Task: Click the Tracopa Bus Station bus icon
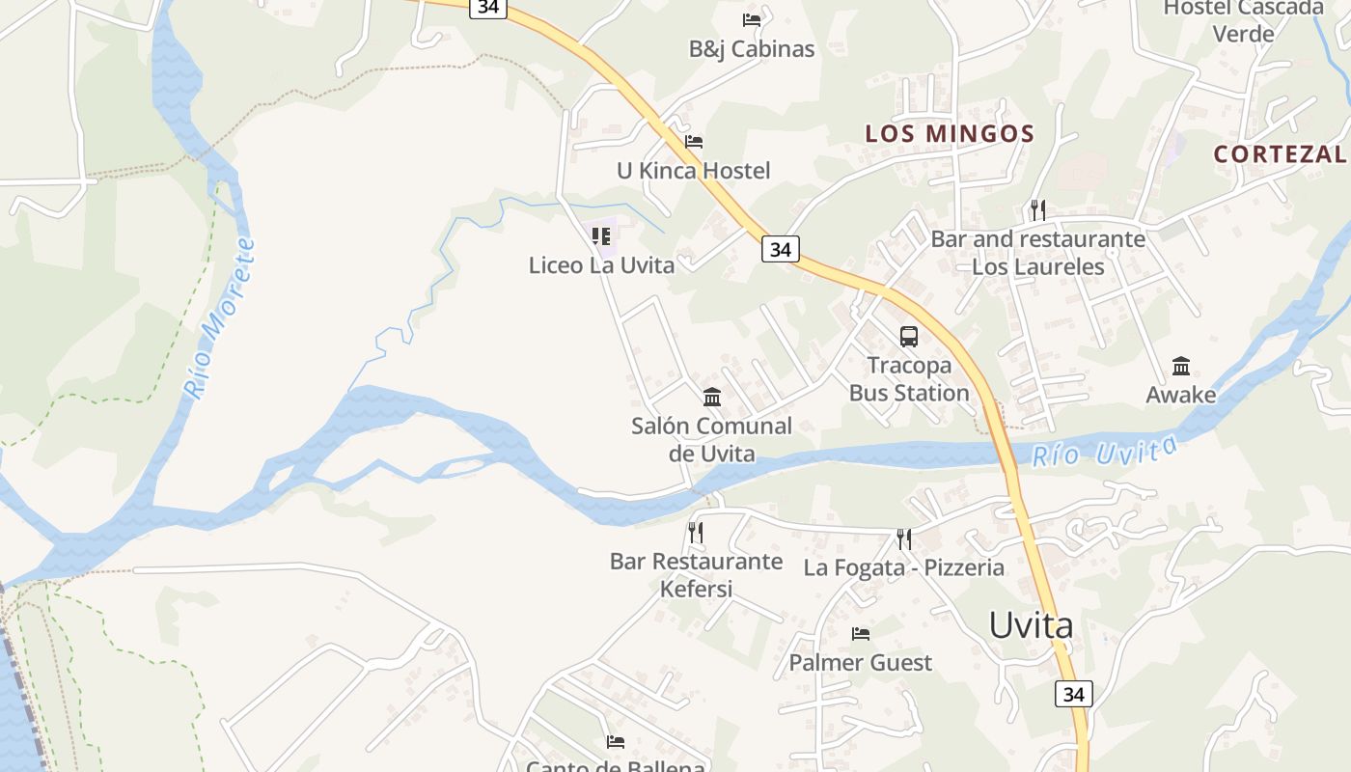click(x=909, y=337)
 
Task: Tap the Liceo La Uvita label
click(x=601, y=265)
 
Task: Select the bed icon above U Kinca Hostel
click(x=694, y=142)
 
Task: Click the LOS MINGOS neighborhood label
click(x=950, y=134)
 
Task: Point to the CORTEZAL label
click(x=1280, y=153)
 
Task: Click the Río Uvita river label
click(x=1105, y=451)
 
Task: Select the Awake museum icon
click(x=1181, y=367)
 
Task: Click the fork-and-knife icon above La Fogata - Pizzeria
click(x=904, y=538)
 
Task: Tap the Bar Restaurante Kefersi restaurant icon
click(x=695, y=533)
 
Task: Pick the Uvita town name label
click(x=1031, y=625)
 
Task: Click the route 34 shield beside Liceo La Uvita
click(x=781, y=249)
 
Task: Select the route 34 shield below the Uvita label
click(x=1075, y=693)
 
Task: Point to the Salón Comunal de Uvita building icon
click(x=712, y=397)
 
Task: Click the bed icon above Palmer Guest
click(x=861, y=634)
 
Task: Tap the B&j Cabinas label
click(x=752, y=49)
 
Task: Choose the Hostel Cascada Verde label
click(x=1243, y=20)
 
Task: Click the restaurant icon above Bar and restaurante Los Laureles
click(x=1038, y=209)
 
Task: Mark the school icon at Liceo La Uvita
click(x=601, y=236)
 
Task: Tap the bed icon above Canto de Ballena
click(x=616, y=742)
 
